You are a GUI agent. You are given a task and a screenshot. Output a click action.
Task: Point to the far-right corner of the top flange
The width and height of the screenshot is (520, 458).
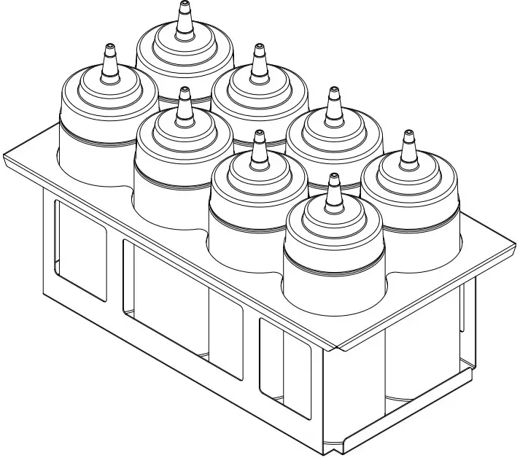pyautogui.click(x=515, y=248)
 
